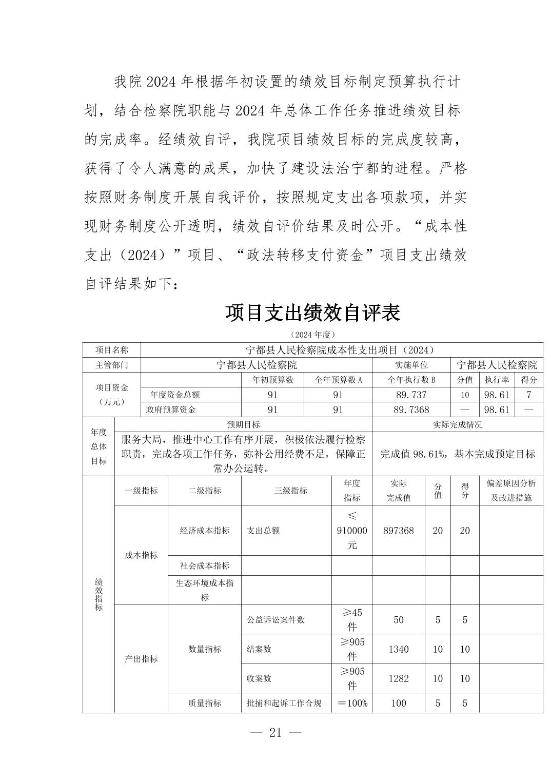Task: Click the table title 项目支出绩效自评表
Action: [312, 313]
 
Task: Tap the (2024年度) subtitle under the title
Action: [312, 335]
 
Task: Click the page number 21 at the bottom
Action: [275, 732]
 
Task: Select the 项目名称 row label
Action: [111, 350]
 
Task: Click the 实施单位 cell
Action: [411, 365]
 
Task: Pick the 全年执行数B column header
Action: [411, 380]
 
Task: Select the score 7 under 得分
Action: [528, 395]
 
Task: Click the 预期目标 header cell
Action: [243, 424]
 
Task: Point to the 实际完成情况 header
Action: [457, 424]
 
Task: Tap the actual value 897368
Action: [398, 531]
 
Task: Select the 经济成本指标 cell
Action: [204, 531]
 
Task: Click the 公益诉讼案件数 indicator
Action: [275, 619]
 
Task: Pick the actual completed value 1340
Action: [398, 649]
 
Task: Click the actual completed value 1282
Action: [398, 678]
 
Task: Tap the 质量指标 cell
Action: [204, 703]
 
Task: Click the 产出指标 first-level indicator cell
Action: [141, 659]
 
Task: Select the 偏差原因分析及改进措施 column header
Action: [511, 491]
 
